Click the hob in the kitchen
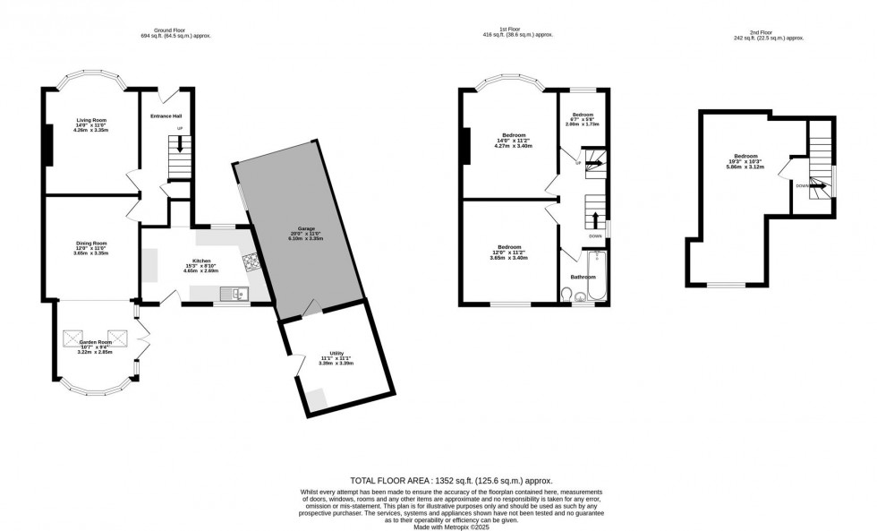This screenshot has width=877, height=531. (x=250, y=262)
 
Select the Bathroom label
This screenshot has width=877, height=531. (x=583, y=278)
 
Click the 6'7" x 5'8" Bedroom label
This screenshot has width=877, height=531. (x=583, y=116)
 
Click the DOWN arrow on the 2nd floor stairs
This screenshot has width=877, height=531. (x=817, y=186)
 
